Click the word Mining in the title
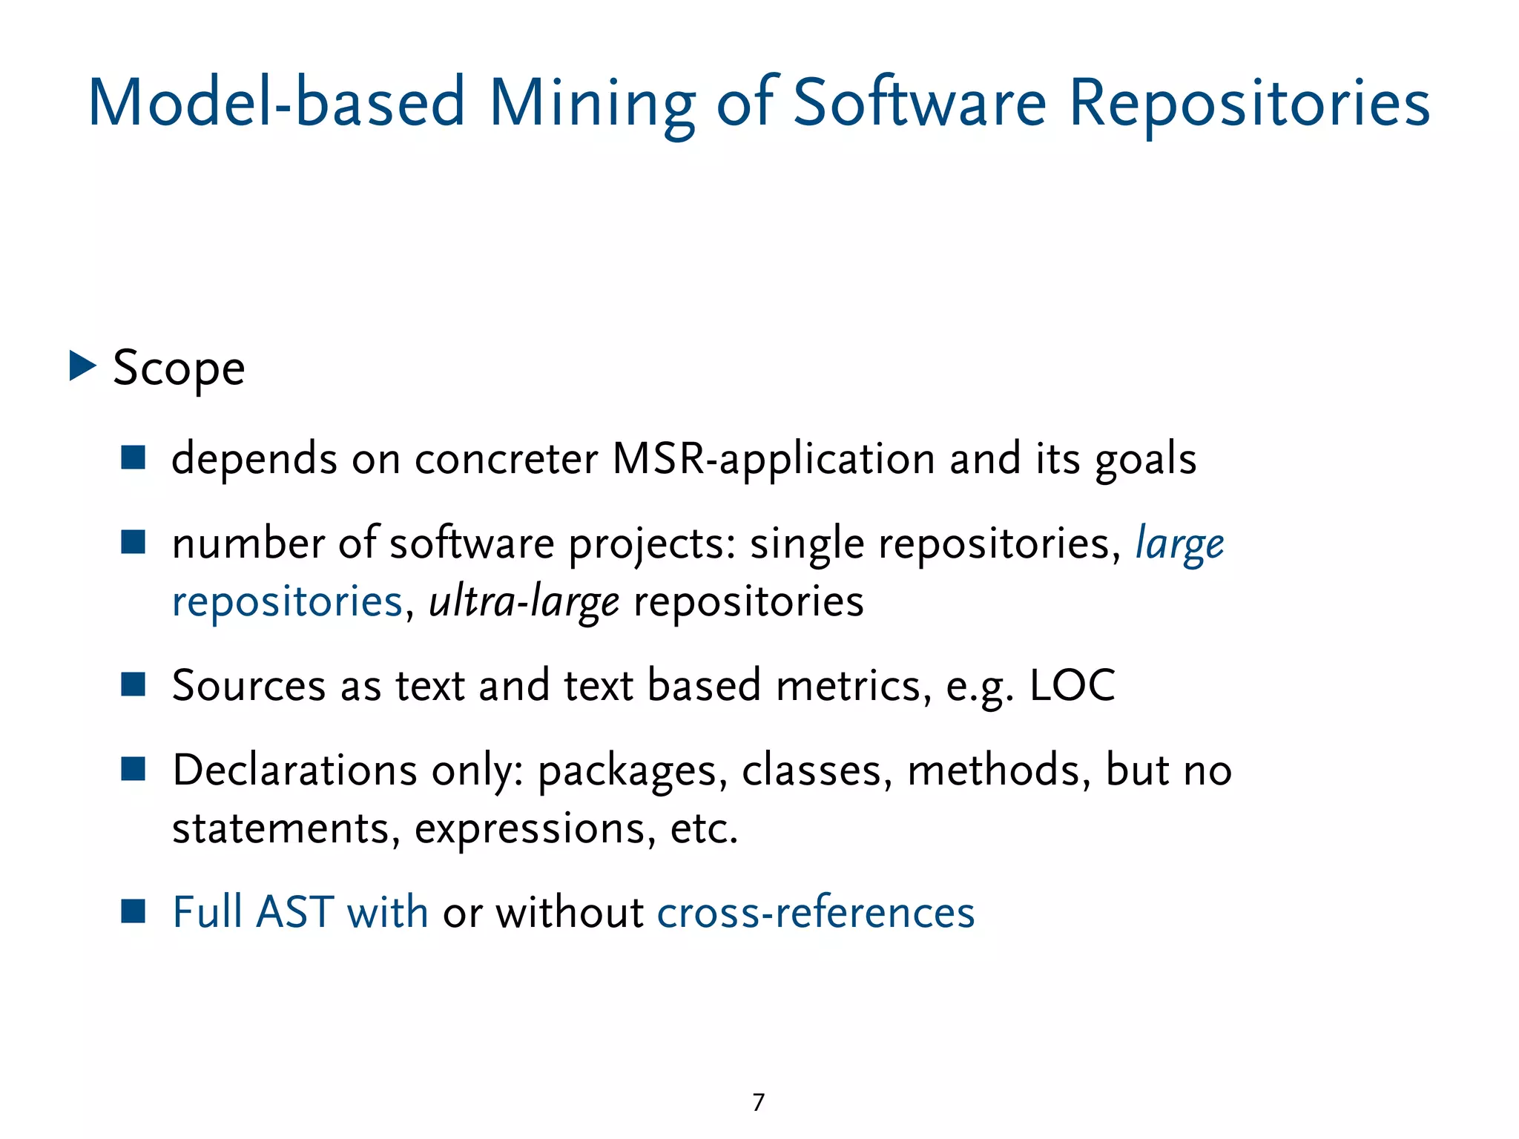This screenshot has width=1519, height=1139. [591, 104]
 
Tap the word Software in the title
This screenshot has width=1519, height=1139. [919, 104]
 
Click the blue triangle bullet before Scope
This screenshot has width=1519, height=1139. [82, 366]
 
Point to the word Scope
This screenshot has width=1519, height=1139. [179, 369]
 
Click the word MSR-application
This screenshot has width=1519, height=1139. [774, 459]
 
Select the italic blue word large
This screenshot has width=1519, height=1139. [1179, 544]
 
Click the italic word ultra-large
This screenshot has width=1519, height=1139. [524, 601]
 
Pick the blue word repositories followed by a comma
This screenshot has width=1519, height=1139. [287, 601]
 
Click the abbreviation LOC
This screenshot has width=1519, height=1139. [1072, 685]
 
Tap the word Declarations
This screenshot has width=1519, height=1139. [294, 770]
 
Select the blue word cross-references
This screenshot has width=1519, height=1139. [815, 912]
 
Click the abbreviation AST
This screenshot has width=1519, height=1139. [294, 912]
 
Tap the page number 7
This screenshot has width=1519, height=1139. [758, 1103]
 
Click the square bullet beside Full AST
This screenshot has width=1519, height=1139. [134, 911]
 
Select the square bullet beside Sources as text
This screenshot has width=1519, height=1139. [134, 684]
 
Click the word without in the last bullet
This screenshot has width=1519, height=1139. [569, 912]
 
